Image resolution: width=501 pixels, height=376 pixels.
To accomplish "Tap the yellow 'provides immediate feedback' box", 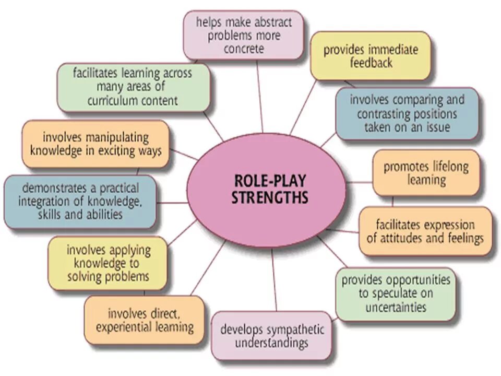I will (371, 55).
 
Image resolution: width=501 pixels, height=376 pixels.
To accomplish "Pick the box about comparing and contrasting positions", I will (407, 113).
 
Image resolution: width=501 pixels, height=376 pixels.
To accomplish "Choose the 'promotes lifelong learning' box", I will (426, 173).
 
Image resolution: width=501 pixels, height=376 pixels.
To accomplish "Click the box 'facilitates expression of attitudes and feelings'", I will (425, 231).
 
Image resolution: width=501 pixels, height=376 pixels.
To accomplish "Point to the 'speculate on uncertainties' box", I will (395, 293).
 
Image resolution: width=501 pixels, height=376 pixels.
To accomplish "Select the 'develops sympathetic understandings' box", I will (271, 336).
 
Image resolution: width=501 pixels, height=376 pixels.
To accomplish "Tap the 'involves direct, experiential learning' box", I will (144, 320).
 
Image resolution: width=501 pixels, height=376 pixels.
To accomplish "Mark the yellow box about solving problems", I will (108, 263).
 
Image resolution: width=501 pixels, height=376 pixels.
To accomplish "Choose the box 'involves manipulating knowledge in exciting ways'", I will (96, 144).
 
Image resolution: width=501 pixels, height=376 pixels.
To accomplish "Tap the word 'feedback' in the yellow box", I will (371, 63).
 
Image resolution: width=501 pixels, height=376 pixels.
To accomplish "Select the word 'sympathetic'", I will (295, 330).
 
